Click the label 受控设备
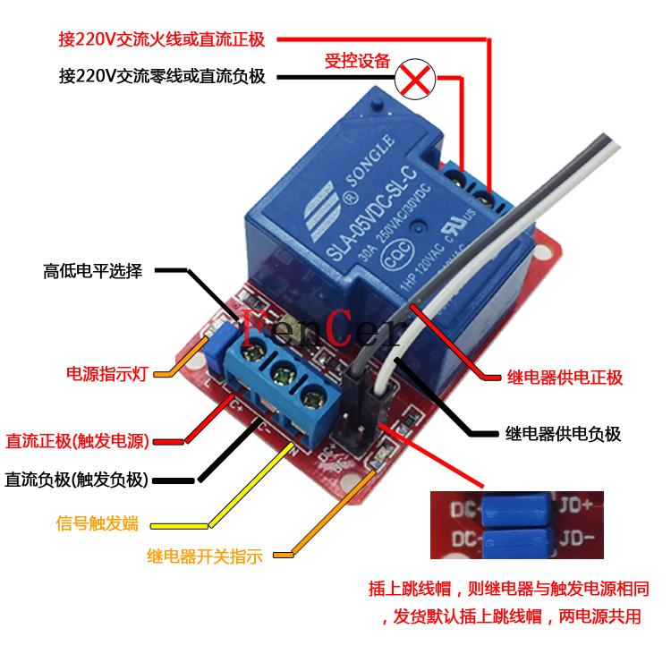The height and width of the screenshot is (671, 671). point(357,61)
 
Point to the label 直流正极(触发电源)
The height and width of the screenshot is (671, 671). point(78,441)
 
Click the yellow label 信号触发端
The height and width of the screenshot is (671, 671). point(97,522)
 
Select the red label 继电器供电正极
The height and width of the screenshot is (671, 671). point(564,377)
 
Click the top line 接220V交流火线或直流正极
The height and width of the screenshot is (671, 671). point(166,39)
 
